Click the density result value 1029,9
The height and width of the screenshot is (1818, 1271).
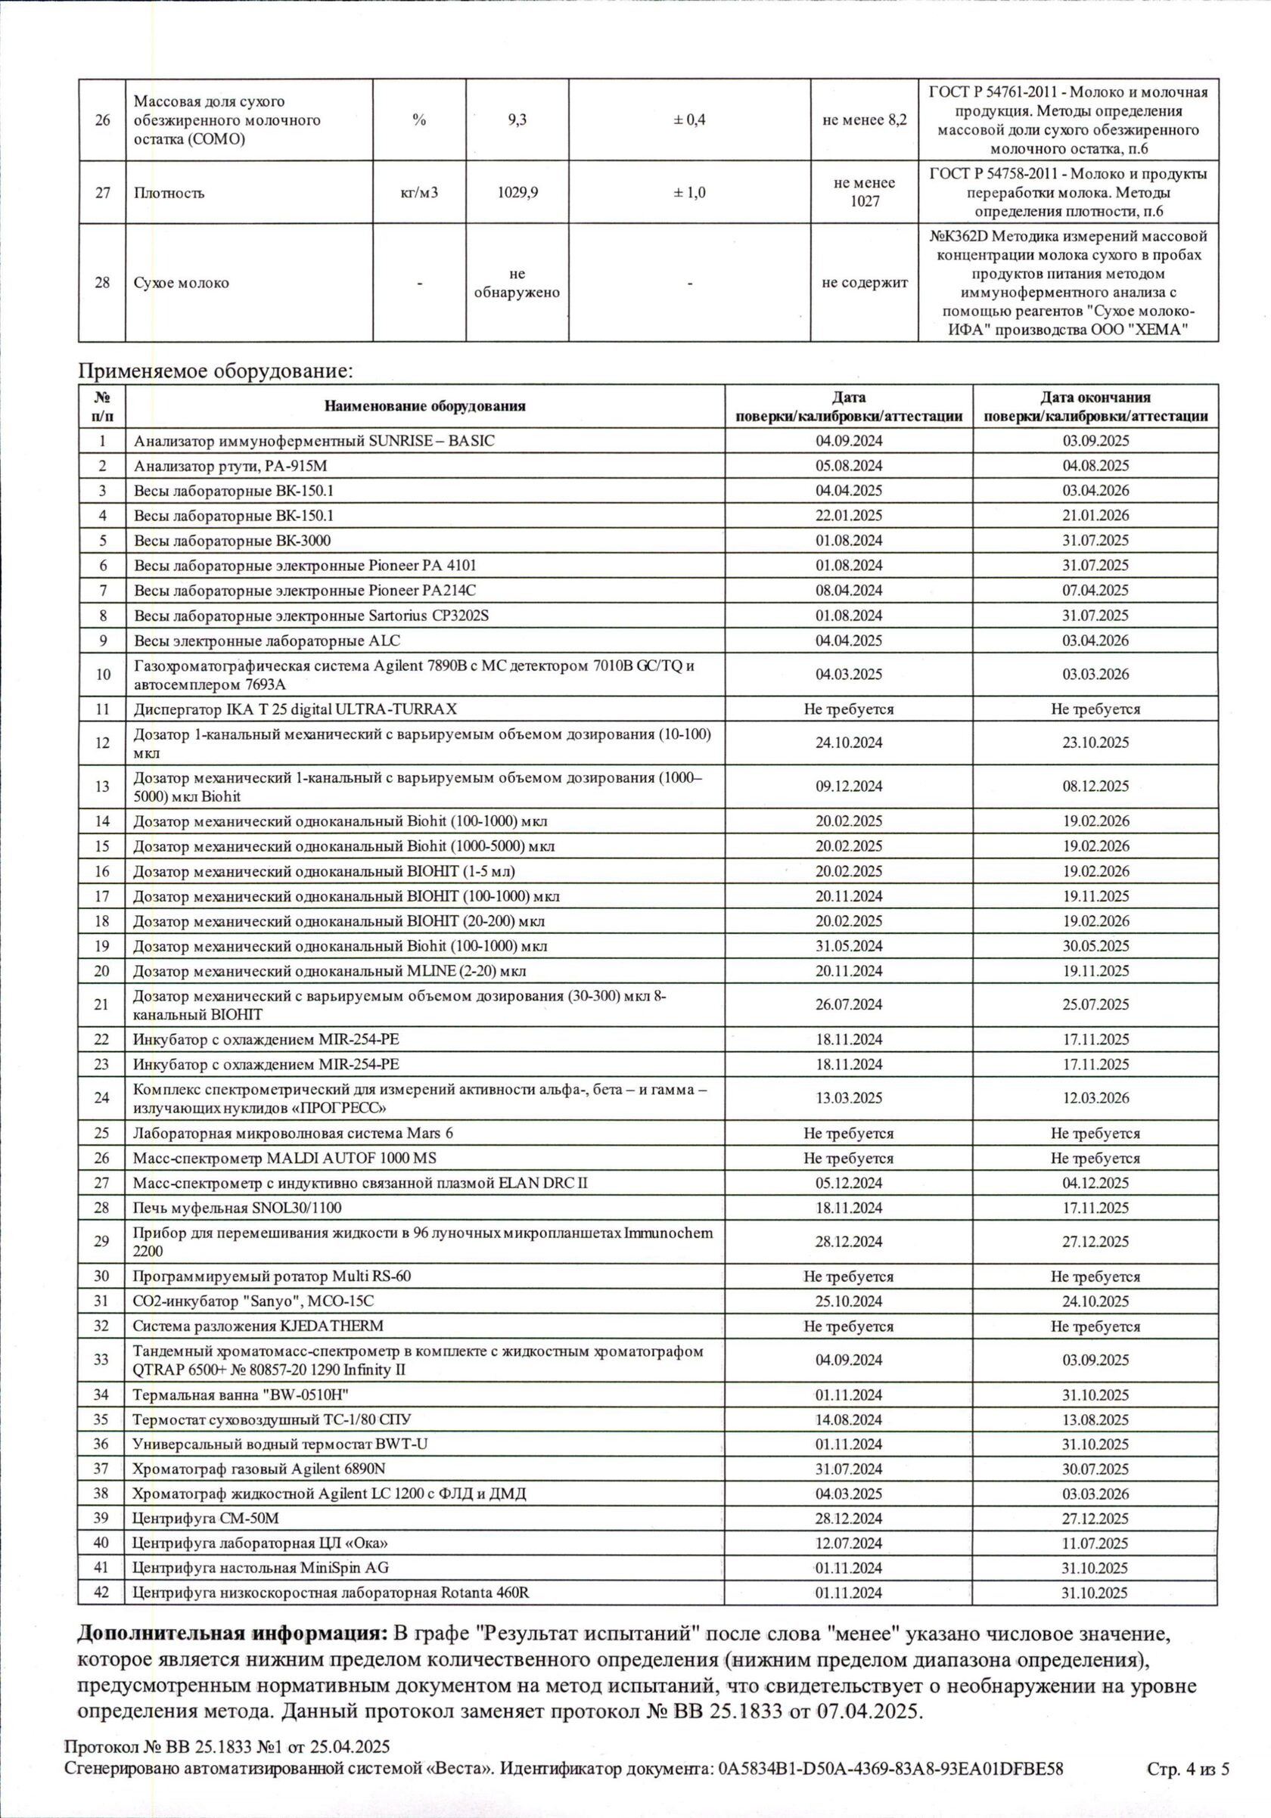pyautogui.click(x=517, y=192)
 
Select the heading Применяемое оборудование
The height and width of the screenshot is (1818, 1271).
pyautogui.click(x=215, y=371)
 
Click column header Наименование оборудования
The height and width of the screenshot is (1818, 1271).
pyautogui.click(x=424, y=406)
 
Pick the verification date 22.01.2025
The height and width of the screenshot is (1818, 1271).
pyautogui.click(x=848, y=516)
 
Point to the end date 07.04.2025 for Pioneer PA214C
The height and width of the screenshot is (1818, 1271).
pyautogui.click(x=1095, y=590)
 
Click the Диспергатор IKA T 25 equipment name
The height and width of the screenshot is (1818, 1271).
pyautogui.click(x=294, y=709)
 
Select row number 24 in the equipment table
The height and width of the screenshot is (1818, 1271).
pyautogui.click(x=101, y=1097)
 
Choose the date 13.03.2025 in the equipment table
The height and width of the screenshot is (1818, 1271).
pyautogui.click(x=848, y=1097)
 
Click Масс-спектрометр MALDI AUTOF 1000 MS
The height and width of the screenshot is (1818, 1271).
pyautogui.click(x=284, y=1158)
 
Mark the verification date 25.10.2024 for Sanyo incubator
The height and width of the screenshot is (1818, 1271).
pyautogui.click(x=848, y=1301)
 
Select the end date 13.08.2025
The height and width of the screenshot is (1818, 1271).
pyautogui.click(x=1095, y=1419)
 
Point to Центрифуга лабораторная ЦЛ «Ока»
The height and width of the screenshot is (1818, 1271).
pyautogui.click(x=259, y=1543)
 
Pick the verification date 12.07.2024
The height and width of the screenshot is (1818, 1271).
pyautogui.click(x=848, y=1543)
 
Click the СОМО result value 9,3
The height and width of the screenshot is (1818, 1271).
pyautogui.click(x=517, y=120)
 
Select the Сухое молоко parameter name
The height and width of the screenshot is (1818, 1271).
pyautogui.click(x=182, y=283)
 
